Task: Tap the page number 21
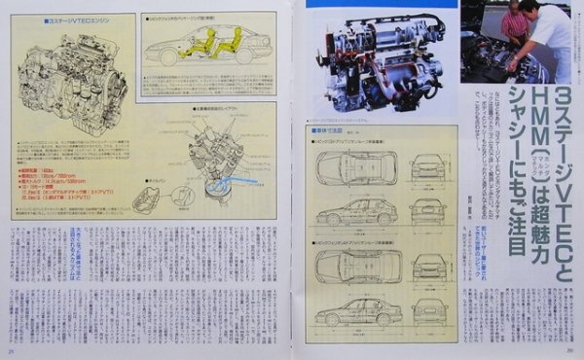click(11, 351)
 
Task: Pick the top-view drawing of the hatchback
click(356, 166)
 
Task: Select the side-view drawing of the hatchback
click(356, 210)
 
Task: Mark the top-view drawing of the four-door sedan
click(356, 265)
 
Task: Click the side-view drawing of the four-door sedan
click(356, 311)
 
